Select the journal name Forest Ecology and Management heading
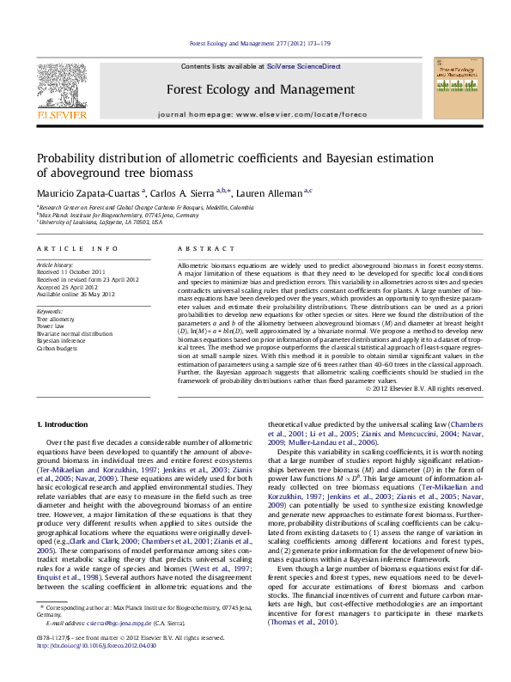tap(260, 89)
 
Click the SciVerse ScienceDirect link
tap(303, 66)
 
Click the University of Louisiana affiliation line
tap(100, 222)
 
